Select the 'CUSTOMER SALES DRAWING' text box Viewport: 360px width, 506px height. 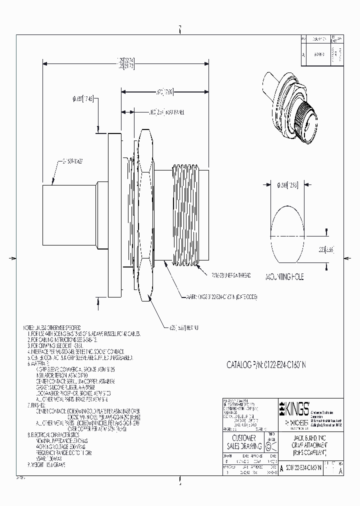(245, 443)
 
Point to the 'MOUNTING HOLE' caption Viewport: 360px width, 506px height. (284, 276)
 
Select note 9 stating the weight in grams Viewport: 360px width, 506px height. (48, 464)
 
